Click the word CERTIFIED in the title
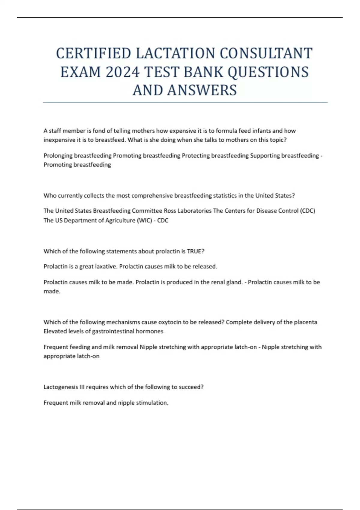[94, 53]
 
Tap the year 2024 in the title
[122, 72]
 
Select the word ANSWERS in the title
[202, 90]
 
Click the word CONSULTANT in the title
[266, 53]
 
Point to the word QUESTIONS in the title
[268, 72]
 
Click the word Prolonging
[58, 156]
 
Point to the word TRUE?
[196, 251]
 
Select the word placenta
[305, 322]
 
